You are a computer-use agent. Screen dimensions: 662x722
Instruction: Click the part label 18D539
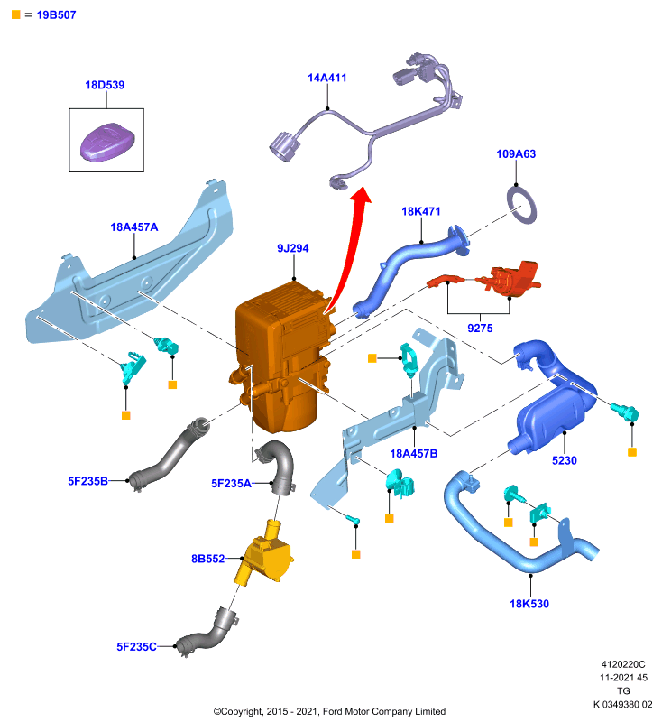click(105, 85)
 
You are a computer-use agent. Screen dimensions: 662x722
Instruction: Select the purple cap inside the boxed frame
click(107, 143)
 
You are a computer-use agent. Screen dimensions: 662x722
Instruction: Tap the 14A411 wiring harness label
click(327, 78)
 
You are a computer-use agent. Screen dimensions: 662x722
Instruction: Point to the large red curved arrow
click(350, 249)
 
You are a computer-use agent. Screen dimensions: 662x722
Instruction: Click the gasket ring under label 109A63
click(521, 205)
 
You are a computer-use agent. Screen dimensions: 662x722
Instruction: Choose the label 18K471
click(421, 211)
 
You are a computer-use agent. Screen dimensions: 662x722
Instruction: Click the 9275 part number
click(480, 328)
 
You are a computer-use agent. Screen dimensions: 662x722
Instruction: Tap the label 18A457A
click(133, 227)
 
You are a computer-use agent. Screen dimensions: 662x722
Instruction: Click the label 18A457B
click(414, 454)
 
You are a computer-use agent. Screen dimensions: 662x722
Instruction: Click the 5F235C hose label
click(136, 646)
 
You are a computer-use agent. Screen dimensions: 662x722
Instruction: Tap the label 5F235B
click(87, 481)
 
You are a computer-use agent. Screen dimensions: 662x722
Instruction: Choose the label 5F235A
click(231, 484)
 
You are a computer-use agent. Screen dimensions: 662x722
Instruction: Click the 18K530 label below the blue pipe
click(529, 604)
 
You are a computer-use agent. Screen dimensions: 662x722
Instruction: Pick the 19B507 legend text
click(56, 14)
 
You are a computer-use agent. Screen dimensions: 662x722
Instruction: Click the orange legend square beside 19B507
click(16, 14)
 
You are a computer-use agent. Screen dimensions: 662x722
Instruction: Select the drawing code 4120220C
click(623, 664)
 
